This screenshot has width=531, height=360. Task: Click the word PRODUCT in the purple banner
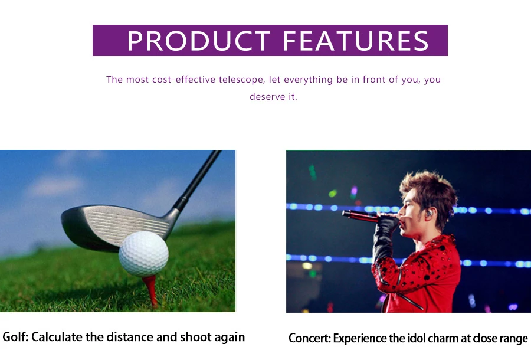coord(199,41)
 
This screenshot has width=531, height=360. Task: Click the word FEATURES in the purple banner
coord(356,41)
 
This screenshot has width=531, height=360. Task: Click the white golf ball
coord(143,254)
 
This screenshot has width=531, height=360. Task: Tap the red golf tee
coord(150,290)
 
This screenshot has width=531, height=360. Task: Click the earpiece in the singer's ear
coord(429,214)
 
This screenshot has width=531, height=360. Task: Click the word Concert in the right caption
coord(308,338)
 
